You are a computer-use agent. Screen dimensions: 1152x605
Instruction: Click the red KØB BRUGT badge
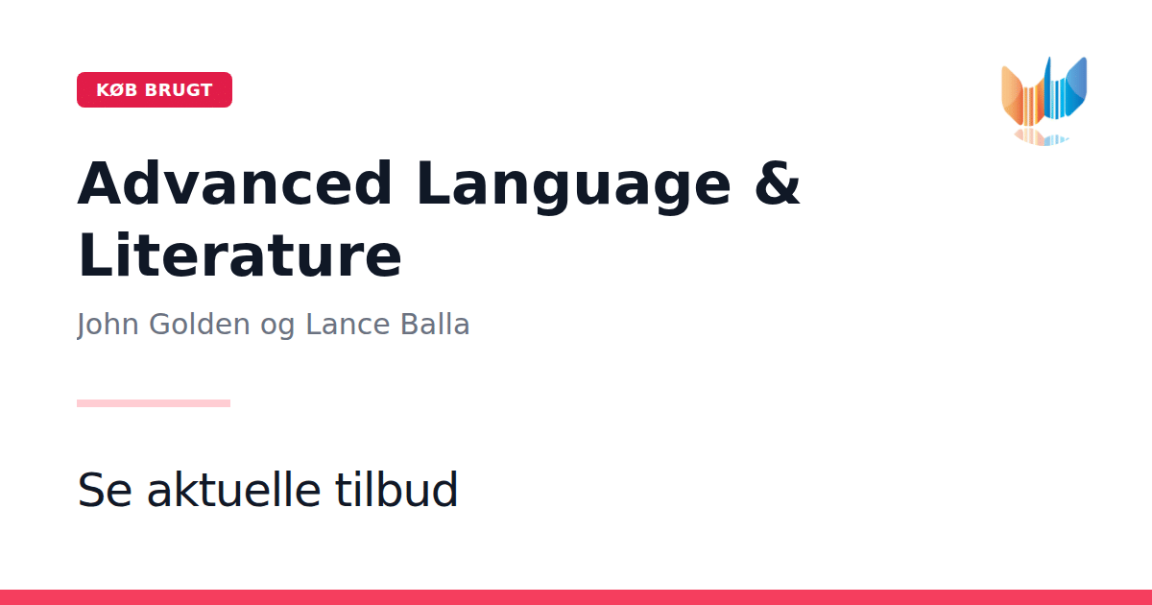(155, 89)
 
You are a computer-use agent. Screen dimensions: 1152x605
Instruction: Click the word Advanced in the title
(235, 183)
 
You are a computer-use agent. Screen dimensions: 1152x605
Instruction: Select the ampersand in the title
(777, 183)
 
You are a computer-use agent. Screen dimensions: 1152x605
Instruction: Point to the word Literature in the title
(240, 255)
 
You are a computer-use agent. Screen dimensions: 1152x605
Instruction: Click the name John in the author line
(108, 326)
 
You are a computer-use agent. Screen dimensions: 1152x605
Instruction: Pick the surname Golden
(200, 325)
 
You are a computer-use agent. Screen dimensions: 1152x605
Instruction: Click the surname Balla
(435, 325)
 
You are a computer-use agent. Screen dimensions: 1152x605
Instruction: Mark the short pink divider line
(154, 403)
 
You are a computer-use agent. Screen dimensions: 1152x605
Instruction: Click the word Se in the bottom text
(105, 490)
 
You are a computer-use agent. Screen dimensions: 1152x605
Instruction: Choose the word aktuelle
(234, 489)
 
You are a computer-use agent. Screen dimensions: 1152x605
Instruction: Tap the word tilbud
(396, 489)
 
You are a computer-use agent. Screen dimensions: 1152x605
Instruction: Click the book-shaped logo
(1044, 92)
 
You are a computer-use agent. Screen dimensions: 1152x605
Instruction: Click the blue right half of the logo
(1067, 88)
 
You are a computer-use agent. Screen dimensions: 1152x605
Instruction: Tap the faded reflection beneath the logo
(1042, 137)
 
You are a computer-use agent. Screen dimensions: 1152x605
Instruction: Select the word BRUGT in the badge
(179, 90)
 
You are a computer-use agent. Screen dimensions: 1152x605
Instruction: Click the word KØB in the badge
(117, 90)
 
